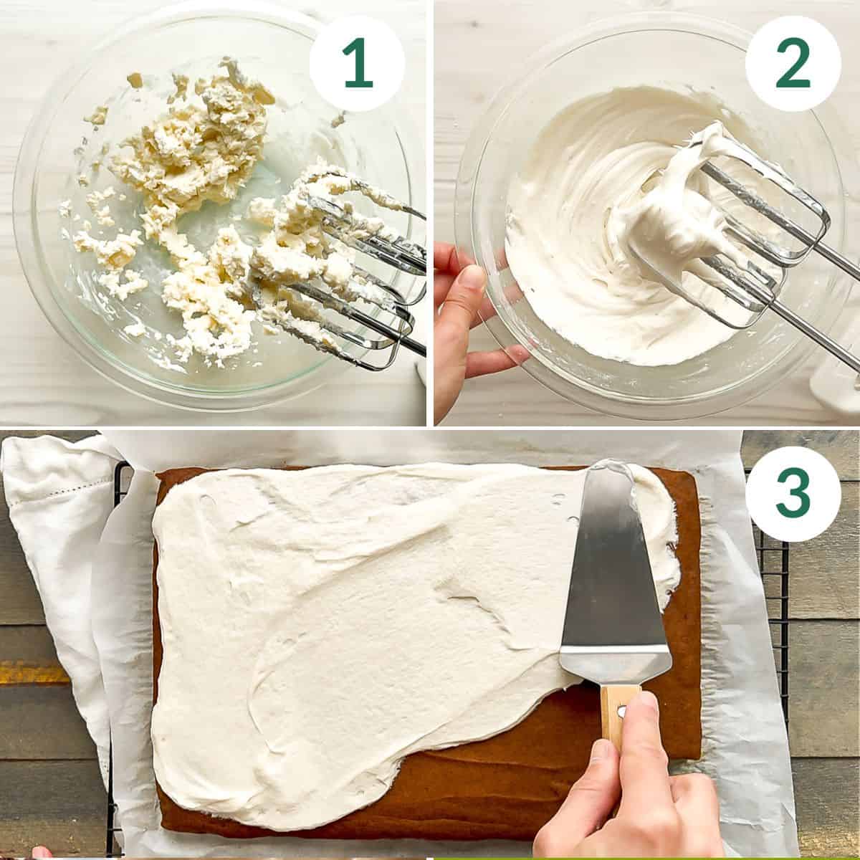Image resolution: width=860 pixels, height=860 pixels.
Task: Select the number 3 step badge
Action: (x=793, y=494)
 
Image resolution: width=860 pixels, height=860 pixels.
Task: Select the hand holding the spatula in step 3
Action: (x=631, y=788)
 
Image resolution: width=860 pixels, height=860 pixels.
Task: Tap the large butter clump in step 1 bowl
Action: (x=193, y=136)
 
